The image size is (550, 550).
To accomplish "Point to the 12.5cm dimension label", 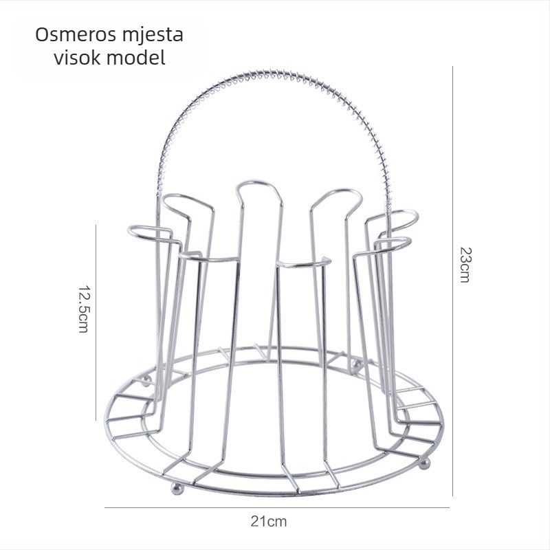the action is point(84,309).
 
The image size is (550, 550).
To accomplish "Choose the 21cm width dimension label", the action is point(269,522).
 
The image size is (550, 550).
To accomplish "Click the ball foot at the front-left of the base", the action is point(177,489).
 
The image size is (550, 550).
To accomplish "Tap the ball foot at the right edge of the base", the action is point(425,464).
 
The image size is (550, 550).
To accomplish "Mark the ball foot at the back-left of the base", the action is point(146,381).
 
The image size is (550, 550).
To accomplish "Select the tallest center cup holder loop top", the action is point(260,183).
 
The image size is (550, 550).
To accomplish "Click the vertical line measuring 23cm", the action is point(452,281).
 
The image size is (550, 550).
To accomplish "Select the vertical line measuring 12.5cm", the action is point(96,322).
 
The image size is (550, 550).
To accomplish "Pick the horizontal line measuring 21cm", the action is point(277,507).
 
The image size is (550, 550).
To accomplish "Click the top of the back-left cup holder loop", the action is point(182,197).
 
